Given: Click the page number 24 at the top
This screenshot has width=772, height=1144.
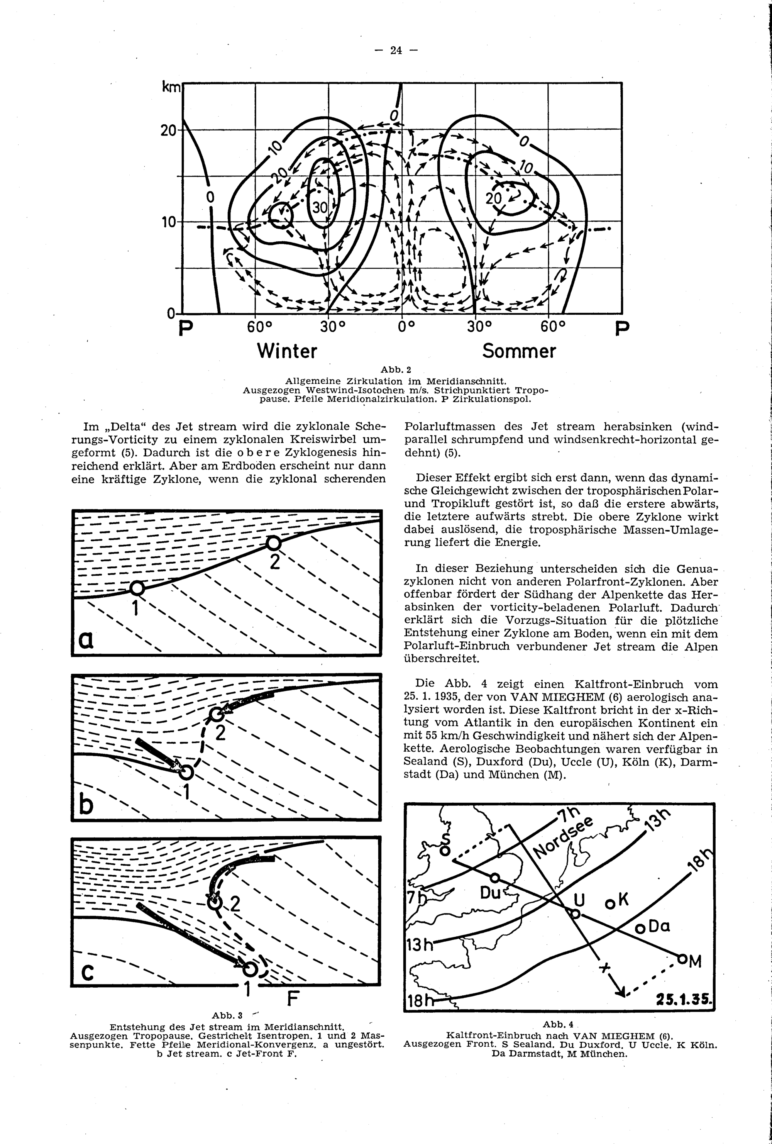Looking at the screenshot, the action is coord(396,50).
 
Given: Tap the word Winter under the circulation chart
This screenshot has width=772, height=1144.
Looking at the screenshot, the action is coord(287,351).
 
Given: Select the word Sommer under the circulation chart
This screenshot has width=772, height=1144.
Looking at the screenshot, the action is coord(519,351).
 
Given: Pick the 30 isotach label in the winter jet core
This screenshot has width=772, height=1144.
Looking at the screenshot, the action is coord(320,208).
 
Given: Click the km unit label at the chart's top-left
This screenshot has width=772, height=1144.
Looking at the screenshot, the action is coord(172,88).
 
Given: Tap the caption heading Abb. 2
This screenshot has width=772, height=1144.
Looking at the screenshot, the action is coord(396,369).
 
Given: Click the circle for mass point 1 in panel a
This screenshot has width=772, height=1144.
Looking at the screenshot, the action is coord(137,588).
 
